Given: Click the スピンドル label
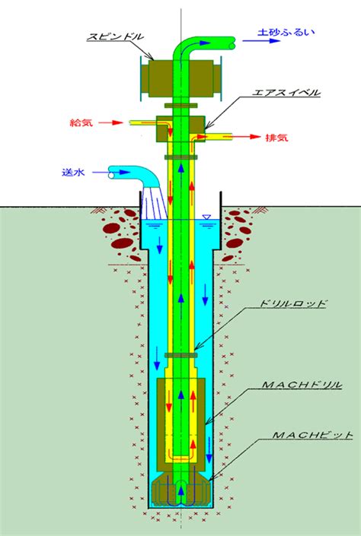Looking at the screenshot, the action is pyautogui.click(x=115, y=36).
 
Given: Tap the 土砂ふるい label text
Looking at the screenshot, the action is pyautogui.click(x=286, y=33).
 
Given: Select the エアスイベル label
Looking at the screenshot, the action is pyautogui.click(x=286, y=93).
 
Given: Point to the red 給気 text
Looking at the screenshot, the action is pyautogui.click(x=81, y=122).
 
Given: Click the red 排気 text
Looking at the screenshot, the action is pyautogui.click(x=276, y=138).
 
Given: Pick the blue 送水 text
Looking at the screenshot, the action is pyautogui.click(x=73, y=173).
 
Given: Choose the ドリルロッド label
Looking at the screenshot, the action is pyautogui.click(x=292, y=303).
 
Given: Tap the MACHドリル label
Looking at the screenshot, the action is pyautogui.click(x=302, y=385).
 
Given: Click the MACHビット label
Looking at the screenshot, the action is pyautogui.click(x=312, y=435).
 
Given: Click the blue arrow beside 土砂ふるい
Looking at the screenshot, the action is pyautogui.click(x=261, y=41).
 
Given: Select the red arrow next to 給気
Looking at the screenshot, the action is pyautogui.click(x=110, y=122).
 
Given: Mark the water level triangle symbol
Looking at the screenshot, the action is pyautogui.click(x=206, y=217).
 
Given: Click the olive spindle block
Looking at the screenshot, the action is pyautogui.click(x=180, y=78).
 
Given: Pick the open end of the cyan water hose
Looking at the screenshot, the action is pyautogui.click(x=111, y=175).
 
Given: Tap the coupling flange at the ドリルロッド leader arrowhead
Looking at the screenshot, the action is pyautogui.click(x=180, y=356).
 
